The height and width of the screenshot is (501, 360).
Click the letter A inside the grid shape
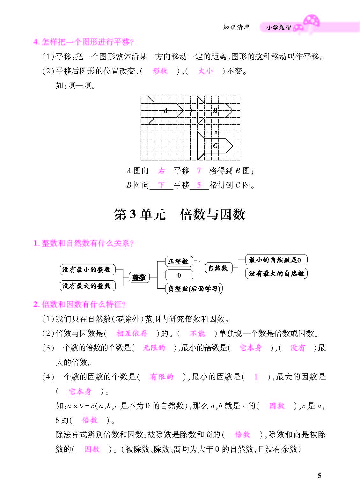(x=165, y=111)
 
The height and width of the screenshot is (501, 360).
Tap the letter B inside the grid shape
(x=215, y=111)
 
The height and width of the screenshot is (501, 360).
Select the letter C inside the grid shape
(x=215, y=146)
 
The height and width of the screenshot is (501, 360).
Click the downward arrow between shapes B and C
(x=216, y=128)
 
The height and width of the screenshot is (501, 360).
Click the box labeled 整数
(x=139, y=277)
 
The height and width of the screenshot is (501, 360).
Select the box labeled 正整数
(x=179, y=262)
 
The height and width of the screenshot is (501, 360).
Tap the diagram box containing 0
(x=179, y=275)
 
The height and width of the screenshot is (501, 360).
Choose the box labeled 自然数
(x=218, y=268)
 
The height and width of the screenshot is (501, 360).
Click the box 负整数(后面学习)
(x=194, y=289)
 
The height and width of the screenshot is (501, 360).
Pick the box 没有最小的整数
(x=87, y=270)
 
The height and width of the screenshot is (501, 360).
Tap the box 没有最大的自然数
(x=276, y=274)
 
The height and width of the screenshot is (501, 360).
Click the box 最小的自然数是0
(x=276, y=260)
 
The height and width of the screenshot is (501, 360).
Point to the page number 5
(x=320, y=475)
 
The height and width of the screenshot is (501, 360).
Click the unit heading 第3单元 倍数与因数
(x=180, y=214)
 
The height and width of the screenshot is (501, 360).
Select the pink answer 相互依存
(x=132, y=333)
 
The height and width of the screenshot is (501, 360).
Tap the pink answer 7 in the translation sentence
(x=199, y=171)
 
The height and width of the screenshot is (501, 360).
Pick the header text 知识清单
(x=236, y=27)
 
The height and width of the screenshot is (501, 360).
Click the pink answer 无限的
(x=154, y=348)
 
